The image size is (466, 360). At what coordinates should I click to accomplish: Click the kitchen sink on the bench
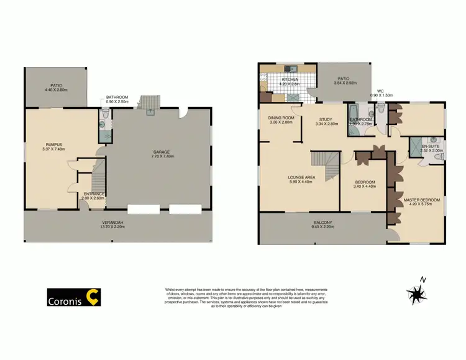288,68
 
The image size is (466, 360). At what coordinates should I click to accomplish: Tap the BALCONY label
322,225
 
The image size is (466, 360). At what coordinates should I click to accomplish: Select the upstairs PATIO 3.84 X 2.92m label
344,80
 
